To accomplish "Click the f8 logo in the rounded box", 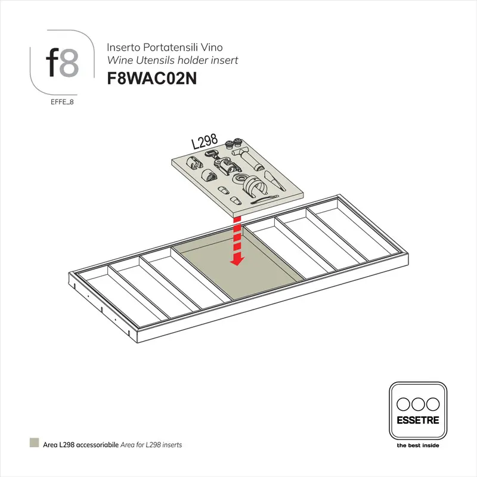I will click(x=61, y=63).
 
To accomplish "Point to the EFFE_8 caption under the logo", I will click(x=62, y=102).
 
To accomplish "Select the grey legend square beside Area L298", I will click(x=34, y=444).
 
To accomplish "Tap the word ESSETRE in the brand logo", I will click(x=417, y=420).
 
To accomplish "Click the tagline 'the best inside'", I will click(x=417, y=445).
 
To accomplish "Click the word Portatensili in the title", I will click(x=160, y=47).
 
